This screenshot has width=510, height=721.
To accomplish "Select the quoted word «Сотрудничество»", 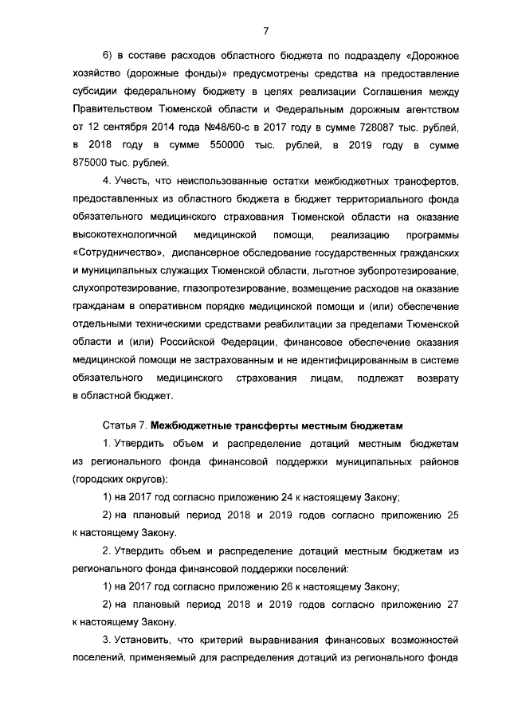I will [119, 253].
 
